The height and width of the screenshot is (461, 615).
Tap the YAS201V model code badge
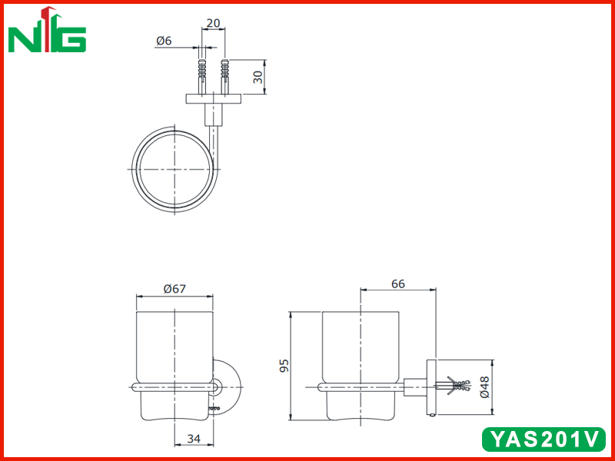544,439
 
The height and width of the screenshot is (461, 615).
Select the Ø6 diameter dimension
164,41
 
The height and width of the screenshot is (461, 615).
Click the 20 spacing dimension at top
214,23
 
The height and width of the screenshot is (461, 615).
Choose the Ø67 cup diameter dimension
175,289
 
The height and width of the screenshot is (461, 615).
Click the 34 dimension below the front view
194,438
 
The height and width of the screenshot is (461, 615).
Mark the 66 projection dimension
398,284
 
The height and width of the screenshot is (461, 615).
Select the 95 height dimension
284,366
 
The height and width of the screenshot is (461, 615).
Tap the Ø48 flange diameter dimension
485,387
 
